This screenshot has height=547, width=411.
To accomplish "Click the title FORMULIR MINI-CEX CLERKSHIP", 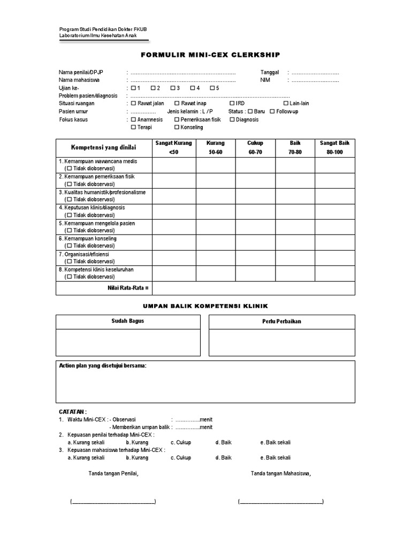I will click(210, 55).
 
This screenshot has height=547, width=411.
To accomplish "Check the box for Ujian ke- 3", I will click(173, 88).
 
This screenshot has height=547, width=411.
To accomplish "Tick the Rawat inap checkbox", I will click(178, 104).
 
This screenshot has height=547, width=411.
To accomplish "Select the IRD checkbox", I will click(232, 104).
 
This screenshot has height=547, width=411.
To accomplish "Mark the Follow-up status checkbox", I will click(272, 111).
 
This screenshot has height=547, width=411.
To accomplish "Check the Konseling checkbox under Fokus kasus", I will click(177, 128).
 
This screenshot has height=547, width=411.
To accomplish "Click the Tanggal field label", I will click(270, 73).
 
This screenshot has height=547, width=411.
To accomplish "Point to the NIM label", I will click(265, 80).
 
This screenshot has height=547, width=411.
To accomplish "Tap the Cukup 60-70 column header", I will click(255, 147).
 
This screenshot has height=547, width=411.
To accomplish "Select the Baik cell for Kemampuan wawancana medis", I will click(295, 165).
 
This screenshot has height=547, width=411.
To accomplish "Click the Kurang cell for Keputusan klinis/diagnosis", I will click(216, 212).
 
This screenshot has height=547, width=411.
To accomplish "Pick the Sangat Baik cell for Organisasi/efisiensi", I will click(334, 258).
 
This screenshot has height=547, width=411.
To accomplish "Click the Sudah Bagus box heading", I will click(128, 321).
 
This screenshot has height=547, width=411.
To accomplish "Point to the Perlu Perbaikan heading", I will click(281, 322).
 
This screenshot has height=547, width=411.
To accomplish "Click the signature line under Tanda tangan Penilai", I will click(113, 502).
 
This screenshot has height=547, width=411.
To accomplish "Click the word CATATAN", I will click(72, 412).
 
